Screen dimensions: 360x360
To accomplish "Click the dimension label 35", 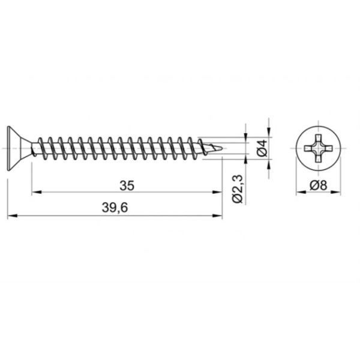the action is pos(127,186).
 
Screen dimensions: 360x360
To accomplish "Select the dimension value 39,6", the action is pos(115,208).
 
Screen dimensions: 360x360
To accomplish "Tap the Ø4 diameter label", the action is pos(262,148).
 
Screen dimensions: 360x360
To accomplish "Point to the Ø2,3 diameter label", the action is pos(238,189).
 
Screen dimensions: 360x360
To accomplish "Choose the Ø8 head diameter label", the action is pos(318,185).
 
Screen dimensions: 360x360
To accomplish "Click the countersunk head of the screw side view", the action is pos(19,148).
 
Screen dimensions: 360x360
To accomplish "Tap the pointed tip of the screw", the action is pos(223,148).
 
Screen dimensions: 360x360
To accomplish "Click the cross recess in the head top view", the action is pos(318,148).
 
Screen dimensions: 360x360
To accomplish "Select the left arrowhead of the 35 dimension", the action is pos(37,192).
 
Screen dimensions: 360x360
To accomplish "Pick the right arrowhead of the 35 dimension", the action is pos(217,192).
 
